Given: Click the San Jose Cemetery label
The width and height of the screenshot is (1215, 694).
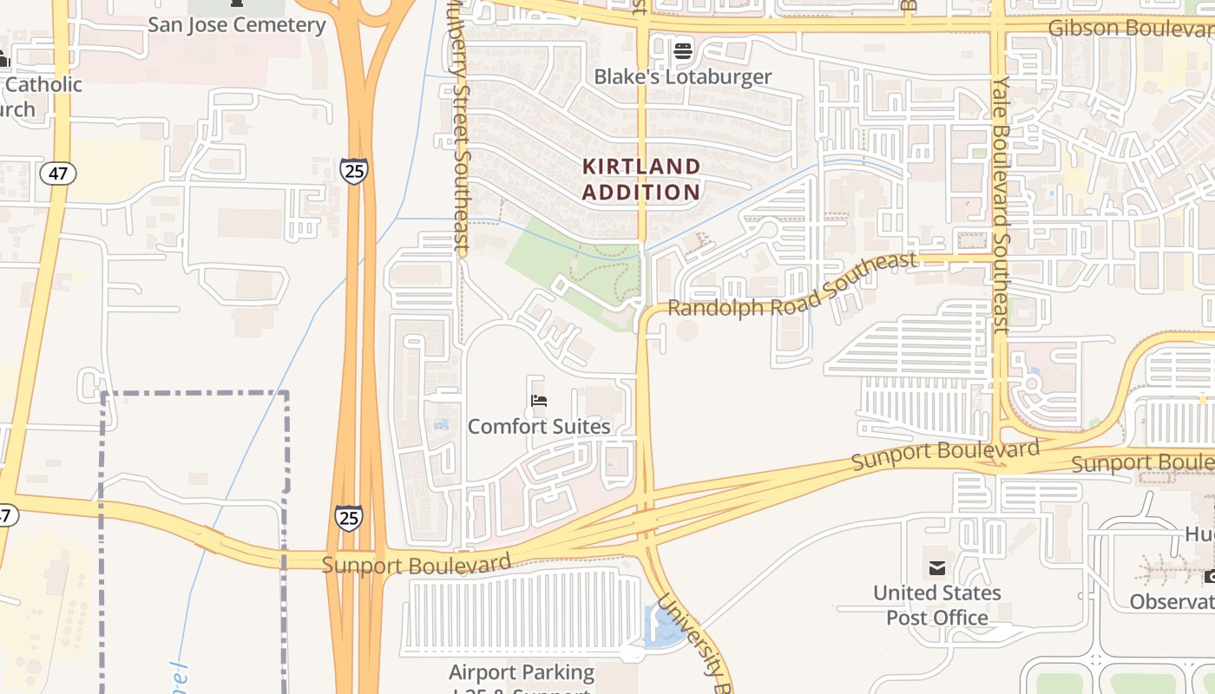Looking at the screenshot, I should coord(236,24).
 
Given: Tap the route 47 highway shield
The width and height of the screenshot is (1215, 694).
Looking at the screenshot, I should coord(58,173).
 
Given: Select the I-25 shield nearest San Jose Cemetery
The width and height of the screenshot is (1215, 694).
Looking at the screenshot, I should coord(354,171).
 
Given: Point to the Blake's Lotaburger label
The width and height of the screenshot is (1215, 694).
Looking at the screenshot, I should coord(682,76).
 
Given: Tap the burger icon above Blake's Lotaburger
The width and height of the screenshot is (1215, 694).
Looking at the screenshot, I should coord(682,50).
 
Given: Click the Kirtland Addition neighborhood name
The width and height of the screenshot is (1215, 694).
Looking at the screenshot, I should coord(640,180).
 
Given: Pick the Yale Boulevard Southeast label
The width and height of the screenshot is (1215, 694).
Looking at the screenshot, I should coord(1002,204).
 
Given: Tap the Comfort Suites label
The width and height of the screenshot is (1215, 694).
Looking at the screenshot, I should coord(539,426).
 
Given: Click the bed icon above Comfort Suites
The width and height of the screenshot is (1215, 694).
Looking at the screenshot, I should coord(539,401).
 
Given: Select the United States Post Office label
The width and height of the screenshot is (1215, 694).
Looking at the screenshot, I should coord(937,605).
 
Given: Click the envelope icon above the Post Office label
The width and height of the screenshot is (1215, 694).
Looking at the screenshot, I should coord(937,569).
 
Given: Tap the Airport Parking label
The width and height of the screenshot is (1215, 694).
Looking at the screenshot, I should coord(522,673).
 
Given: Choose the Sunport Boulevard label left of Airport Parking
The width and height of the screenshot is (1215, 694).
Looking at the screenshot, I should coord(417,564).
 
